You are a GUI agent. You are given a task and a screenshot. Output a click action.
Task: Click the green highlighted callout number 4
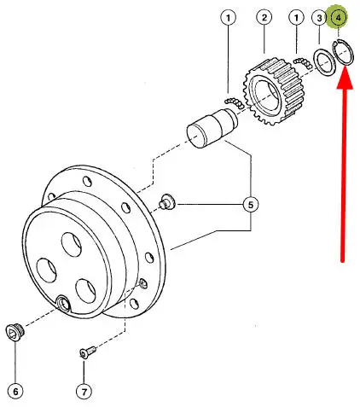pos(338,18)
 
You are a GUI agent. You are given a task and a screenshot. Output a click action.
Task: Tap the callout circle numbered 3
pos(319,18)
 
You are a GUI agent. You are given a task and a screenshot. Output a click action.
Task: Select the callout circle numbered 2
pos(264,17)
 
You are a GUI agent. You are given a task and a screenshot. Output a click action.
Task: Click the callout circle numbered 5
pos(251,205)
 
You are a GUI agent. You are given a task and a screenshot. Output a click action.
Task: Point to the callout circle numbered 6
pos(15,392)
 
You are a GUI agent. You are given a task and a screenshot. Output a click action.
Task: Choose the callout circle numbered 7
pos(84,392)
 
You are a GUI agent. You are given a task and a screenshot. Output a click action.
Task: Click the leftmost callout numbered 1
pos(228,18)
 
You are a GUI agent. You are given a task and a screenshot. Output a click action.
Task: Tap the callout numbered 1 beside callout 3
pos(296,18)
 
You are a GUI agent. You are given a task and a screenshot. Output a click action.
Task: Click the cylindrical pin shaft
pos(212,128)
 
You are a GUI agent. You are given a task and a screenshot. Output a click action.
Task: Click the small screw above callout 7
pos(88,352)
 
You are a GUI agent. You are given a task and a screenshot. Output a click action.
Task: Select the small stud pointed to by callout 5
pos(166,202)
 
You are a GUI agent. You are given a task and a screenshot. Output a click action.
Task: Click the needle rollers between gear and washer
pos(303,62)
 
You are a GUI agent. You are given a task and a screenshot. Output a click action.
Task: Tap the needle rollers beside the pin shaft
pos(235,102)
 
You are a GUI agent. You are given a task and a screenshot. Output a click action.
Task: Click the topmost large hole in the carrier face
pos(72,244)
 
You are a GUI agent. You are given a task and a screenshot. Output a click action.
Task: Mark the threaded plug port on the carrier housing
pos(63,303)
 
